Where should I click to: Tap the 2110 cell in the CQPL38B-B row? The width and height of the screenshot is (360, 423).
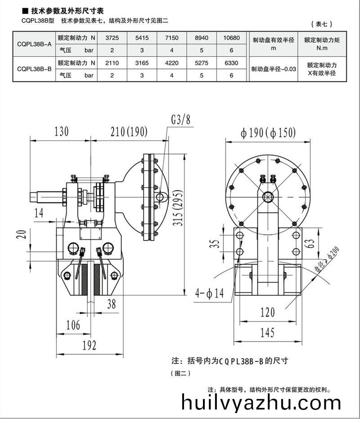(112, 63)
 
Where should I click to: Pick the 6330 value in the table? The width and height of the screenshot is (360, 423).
(231, 63)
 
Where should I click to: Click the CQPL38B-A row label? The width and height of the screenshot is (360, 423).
(34, 45)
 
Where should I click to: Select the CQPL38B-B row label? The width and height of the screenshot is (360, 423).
(34, 69)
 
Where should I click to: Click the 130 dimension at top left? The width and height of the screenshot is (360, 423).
(62, 132)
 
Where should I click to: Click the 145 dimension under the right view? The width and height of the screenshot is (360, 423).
(267, 332)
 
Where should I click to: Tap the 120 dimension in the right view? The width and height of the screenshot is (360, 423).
(267, 312)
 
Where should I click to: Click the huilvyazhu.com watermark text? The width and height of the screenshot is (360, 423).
(261, 402)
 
